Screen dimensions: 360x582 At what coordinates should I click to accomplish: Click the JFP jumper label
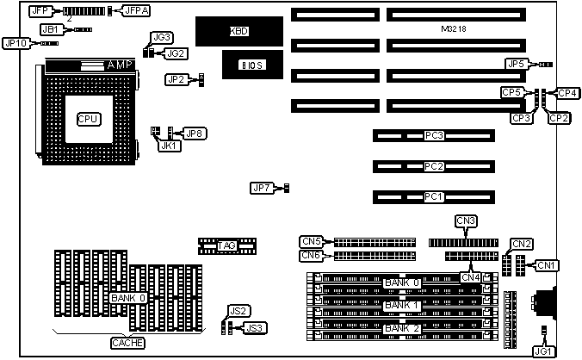click(40, 11)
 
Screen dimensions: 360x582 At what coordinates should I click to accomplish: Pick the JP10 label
click(17, 42)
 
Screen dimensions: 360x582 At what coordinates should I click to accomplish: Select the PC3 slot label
click(434, 136)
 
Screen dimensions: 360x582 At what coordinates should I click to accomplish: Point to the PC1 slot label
click(434, 197)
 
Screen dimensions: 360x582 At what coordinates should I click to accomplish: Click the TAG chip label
click(226, 246)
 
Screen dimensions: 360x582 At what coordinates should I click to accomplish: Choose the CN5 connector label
click(311, 241)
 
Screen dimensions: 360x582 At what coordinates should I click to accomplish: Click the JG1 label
click(543, 350)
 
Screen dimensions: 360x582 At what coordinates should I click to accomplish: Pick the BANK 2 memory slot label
click(402, 329)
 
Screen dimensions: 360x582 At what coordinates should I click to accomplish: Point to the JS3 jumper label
click(255, 327)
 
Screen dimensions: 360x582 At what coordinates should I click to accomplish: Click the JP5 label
click(516, 64)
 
